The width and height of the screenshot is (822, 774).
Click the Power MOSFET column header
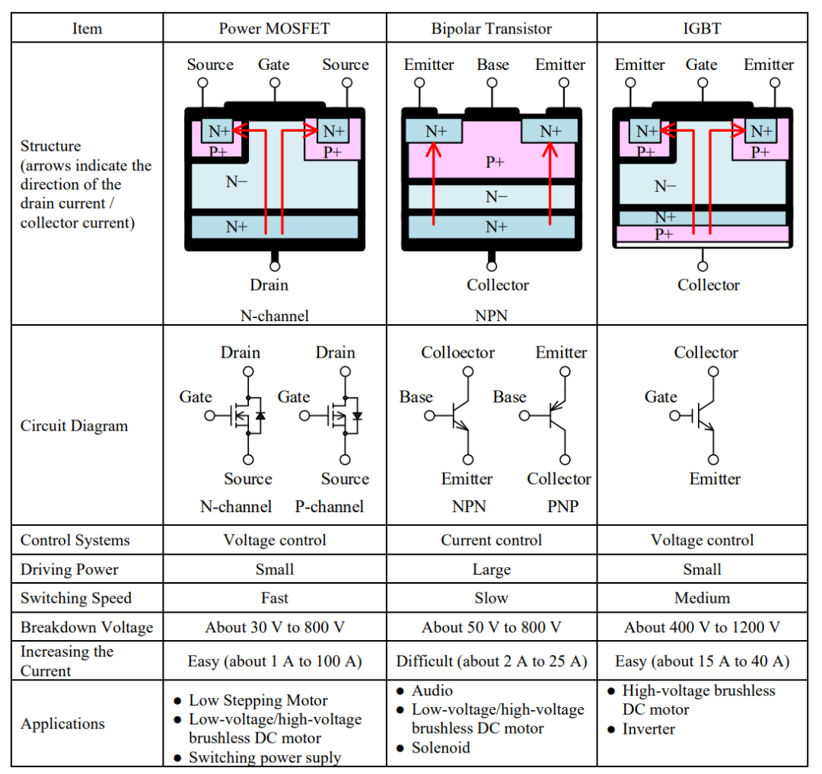274,28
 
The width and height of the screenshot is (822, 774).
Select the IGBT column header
702,28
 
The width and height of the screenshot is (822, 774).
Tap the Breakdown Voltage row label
87,627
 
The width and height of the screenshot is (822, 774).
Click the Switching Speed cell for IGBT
702,598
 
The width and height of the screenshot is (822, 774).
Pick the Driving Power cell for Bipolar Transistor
491,569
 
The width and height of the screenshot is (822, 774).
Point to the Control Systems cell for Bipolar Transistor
491,540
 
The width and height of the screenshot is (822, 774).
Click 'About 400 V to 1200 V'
702,627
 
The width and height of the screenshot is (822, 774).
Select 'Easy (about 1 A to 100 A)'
275,661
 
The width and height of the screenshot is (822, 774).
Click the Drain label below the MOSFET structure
269,285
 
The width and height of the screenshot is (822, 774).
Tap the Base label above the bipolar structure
492,64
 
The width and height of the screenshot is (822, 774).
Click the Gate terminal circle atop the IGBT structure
703,83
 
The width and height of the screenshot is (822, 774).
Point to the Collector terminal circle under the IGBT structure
703,266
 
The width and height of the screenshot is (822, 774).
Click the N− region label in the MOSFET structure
237,181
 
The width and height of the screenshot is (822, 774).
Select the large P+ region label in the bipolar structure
495,162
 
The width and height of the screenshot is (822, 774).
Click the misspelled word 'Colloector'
457,352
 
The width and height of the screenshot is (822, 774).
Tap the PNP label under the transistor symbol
563,506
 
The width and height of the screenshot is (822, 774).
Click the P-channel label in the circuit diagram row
330,506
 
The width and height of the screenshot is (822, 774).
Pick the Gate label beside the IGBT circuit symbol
661,397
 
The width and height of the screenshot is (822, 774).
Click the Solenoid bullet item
441,747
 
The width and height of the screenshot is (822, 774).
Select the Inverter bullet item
648,729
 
